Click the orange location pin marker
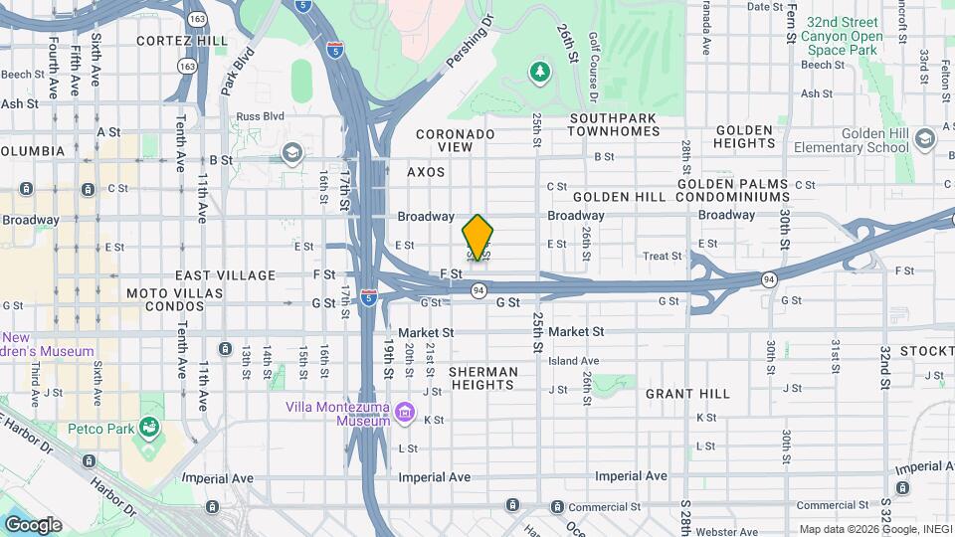tap(478, 237)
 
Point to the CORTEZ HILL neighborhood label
tap(181, 41)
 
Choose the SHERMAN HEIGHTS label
tap(483, 378)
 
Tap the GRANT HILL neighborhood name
tap(687, 394)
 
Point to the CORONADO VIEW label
tap(456, 140)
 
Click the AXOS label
tap(426, 172)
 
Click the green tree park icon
tap(540, 72)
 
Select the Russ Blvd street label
tap(261, 116)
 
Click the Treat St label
tap(662, 256)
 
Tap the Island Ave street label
tap(574, 361)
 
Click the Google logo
tap(33, 524)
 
